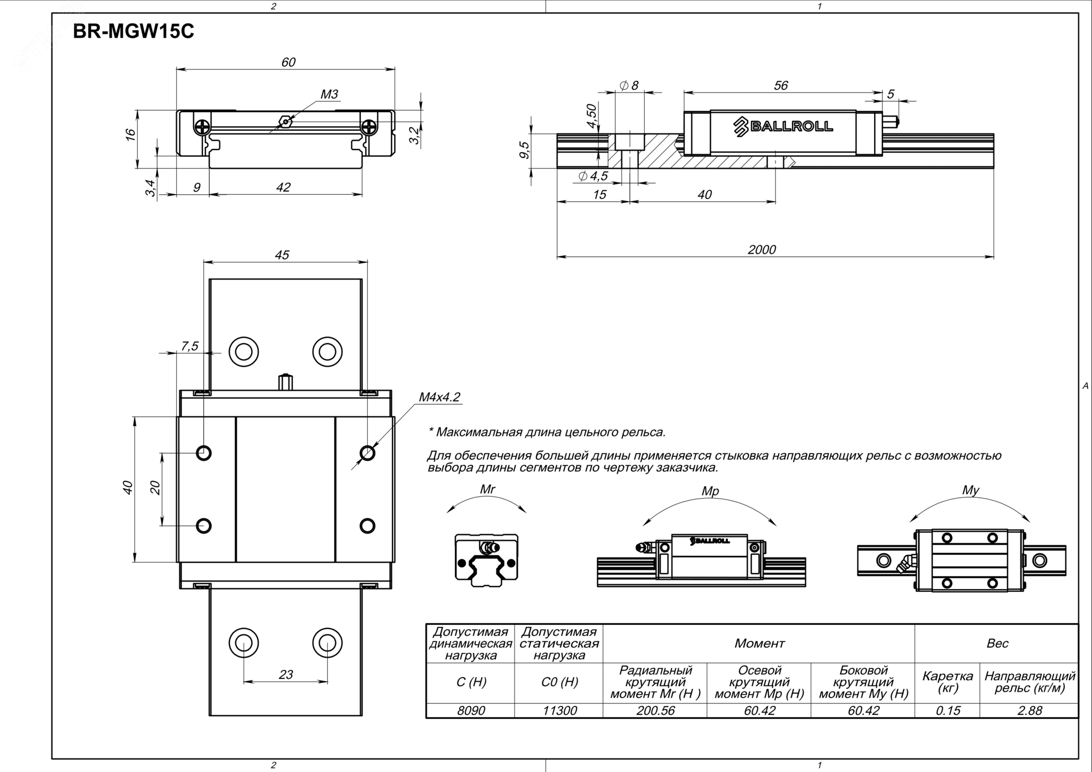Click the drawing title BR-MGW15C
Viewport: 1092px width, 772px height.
click(x=134, y=32)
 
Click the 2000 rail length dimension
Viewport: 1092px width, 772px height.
click(x=761, y=249)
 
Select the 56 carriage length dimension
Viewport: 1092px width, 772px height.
click(x=781, y=85)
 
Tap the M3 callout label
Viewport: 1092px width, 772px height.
click(x=329, y=94)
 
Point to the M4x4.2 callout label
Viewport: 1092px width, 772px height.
click(x=440, y=397)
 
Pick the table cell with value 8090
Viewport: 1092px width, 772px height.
click(x=471, y=710)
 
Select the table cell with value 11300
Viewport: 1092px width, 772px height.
click(x=559, y=710)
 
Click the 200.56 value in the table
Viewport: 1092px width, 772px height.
click(x=655, y=710)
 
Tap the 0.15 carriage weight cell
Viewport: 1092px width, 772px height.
click(x=947, y=710)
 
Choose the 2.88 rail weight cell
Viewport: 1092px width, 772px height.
click(x=1030, y=710)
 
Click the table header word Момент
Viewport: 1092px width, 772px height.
click(x=759, y=643)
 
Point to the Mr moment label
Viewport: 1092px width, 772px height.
click(x=487, y=489)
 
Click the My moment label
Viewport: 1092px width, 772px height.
click(x=970, y=490)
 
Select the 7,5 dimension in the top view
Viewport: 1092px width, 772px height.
click(x=189, y=346)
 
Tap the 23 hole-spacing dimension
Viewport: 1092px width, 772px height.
click(x=286, y=675)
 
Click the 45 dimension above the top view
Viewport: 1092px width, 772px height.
click(x=282, y=255)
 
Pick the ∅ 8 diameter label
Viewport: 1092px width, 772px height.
click(x=629, y=85)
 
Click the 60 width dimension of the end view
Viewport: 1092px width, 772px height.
click(x=288, y=62)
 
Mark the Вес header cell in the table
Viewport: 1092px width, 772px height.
click(x=997, y=643)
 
